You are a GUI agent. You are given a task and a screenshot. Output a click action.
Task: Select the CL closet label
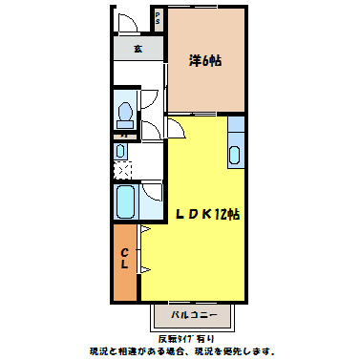[x=125, y=260]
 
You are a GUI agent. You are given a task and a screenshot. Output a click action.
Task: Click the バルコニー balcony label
[x=195, y=315]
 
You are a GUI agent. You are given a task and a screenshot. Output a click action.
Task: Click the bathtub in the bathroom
[x=124, y=201]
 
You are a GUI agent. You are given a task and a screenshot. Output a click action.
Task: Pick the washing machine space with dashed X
[x=122, y=171]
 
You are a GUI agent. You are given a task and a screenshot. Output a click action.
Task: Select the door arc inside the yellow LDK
[x=178, y=128]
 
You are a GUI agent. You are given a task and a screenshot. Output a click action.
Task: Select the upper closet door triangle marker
[x=144, y=230]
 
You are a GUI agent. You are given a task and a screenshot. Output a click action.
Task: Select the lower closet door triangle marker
[x=144, y=273]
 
